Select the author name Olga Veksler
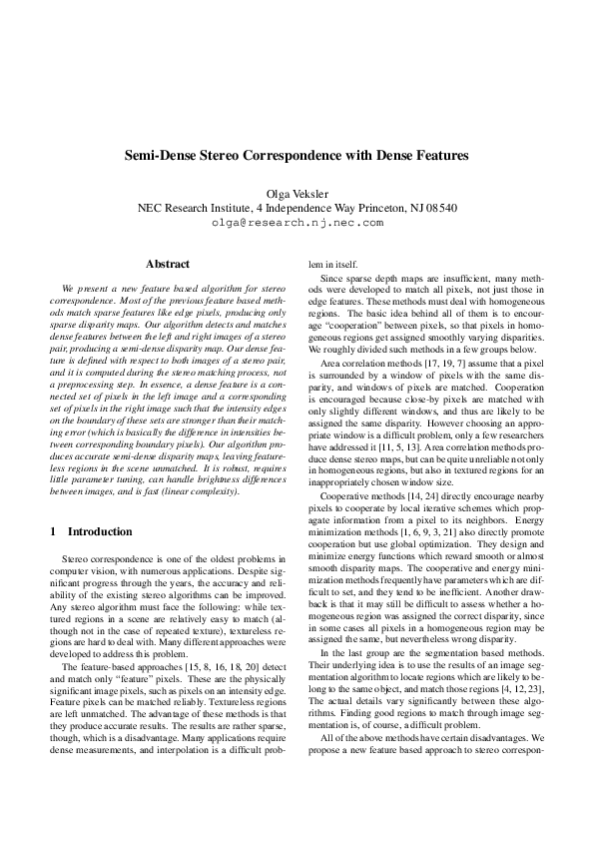(297, 193)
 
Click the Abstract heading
(168, 264)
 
